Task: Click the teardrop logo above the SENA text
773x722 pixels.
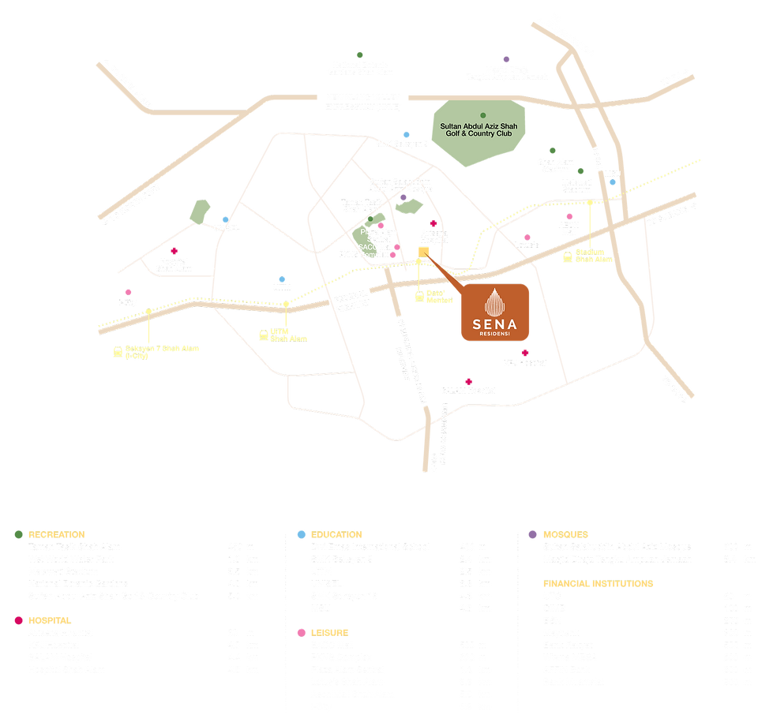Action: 493,302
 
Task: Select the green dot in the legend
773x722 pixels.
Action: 17,534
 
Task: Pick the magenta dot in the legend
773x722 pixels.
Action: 17,620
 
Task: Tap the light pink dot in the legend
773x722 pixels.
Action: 300,632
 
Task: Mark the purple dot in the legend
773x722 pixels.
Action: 531,534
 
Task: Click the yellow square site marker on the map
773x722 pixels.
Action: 423,253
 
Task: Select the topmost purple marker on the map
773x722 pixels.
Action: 506,58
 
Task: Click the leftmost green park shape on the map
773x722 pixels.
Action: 199,211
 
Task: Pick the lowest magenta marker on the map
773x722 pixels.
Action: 469,380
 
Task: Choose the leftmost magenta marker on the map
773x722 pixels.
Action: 174,250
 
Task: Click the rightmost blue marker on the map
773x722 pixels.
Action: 613,181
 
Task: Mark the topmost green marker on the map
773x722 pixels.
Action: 359,54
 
